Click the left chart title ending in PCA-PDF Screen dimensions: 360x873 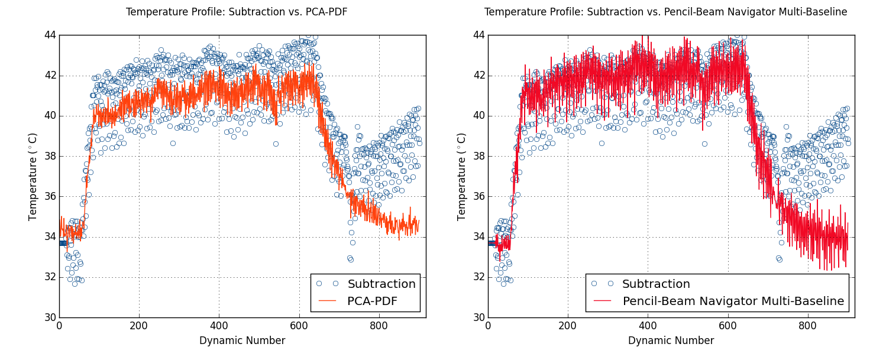[x=237, y=12]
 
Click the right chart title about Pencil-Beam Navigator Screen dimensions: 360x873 [x=665, y=12]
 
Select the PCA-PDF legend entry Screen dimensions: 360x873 [x=372, y=301]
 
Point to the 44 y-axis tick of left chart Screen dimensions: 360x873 [x=49, y=35]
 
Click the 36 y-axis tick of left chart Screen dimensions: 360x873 [x=49, y=196]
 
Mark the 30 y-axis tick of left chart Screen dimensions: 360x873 [x=49, y=317]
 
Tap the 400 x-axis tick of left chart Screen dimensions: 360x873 [x=219, y=326]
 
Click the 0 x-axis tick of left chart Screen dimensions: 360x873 [x=59, y=326]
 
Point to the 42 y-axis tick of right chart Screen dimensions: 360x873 [x=478, y=75]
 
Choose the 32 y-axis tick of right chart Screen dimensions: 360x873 [x=478, y=277]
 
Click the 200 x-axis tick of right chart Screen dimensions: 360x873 [x=568, y=326]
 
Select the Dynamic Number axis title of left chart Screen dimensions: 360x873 [x=242, y=341]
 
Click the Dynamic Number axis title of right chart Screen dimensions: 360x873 [x=671, y=341]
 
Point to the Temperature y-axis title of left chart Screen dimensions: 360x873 [x=33, y=176]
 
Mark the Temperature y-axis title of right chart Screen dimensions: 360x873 [x=462, y=176]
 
